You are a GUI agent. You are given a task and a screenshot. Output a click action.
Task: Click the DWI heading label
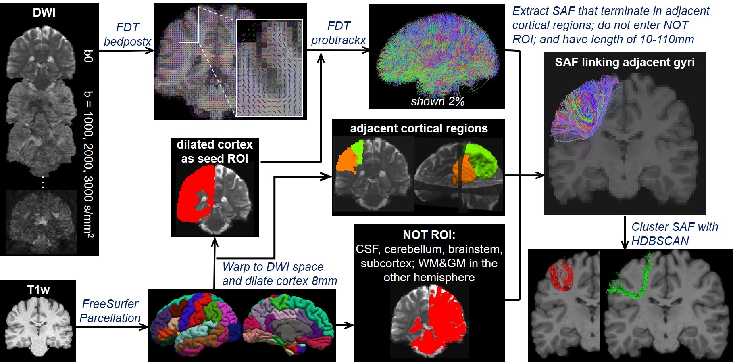[44, 13]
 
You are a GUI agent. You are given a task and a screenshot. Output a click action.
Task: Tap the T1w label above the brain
[38, 290]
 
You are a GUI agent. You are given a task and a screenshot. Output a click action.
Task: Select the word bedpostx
[127, 42]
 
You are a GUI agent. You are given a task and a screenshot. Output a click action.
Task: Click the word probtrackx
[338, 40]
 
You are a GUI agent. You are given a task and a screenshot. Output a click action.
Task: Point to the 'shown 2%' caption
[437, 101]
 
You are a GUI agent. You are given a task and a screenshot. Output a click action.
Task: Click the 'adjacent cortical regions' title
[419, 128]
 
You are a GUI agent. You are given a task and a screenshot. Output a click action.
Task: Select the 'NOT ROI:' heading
[429, 235]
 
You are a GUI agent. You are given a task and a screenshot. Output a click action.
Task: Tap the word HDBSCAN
[660, 241]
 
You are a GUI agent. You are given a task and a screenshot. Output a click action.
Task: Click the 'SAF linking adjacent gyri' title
[625, 62]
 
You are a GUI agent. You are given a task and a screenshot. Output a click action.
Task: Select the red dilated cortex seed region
[194, 194]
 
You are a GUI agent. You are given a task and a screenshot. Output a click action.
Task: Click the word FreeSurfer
[110, 304]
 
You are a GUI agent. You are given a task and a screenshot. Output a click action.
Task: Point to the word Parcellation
[110, 318]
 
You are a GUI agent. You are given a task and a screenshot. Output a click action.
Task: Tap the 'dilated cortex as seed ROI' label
[214, 151]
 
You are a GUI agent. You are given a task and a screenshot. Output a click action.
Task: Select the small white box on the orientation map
[189, 24]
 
